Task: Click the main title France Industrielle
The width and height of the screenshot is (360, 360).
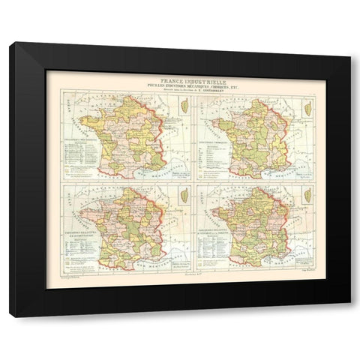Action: [179, 77]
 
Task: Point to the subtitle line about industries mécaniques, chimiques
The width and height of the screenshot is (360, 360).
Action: [179, 84]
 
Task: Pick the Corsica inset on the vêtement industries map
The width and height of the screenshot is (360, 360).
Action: [307, 196]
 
